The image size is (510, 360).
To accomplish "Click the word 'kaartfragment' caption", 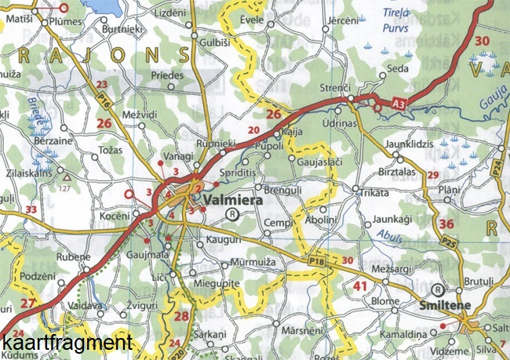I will click(x=66, y=343).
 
